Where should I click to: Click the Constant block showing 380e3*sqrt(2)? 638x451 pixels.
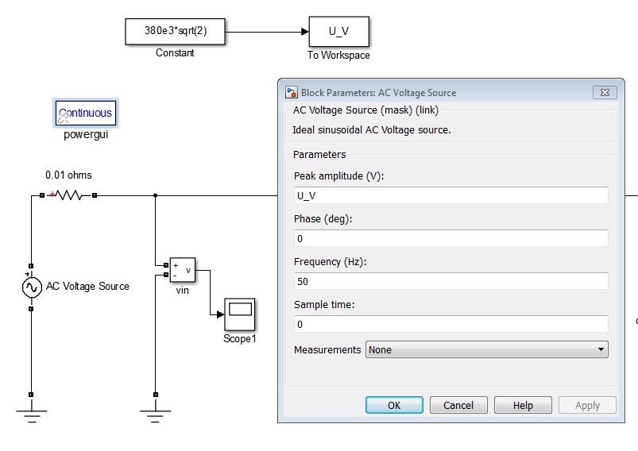176,33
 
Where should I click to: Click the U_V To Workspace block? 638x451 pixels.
338,33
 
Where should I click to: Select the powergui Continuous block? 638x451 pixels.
85,114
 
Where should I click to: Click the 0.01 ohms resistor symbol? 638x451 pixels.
69,195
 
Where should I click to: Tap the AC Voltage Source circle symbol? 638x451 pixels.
31,287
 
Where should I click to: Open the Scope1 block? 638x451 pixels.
239,314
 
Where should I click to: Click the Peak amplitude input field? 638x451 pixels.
450,195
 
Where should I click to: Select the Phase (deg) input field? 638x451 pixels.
450,238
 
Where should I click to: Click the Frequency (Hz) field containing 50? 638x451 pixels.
450,281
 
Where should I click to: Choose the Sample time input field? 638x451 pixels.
450,324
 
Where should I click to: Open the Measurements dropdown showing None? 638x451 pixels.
486,349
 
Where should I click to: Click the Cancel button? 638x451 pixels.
458,405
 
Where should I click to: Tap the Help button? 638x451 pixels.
523,405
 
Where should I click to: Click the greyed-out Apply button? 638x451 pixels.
587,405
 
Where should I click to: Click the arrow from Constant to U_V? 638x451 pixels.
267,33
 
